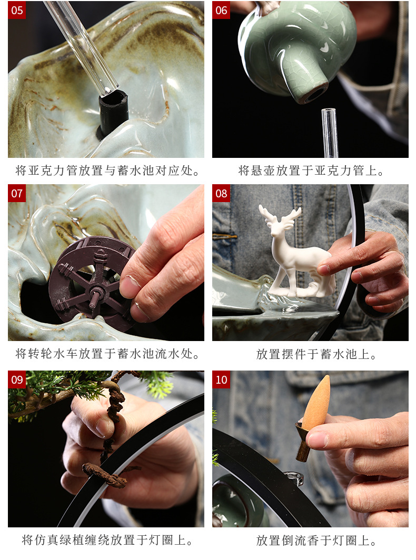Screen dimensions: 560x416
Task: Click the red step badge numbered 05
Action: click(17, 10)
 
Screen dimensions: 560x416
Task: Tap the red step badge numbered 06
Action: click(221, 10)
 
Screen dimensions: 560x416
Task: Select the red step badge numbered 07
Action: click(17, 193)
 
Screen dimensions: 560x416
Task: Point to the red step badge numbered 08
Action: click(221, 193)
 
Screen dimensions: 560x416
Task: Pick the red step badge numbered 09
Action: click(17, 379)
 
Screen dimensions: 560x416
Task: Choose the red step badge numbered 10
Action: click(221, 379)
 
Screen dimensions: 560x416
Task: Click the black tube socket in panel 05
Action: click(113, 112)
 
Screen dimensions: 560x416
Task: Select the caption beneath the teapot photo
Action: click(311, 171)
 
